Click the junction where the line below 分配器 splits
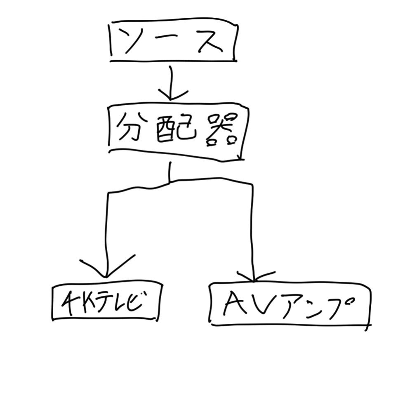click(x=170, y=182)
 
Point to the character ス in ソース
click(x=210, y=41)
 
